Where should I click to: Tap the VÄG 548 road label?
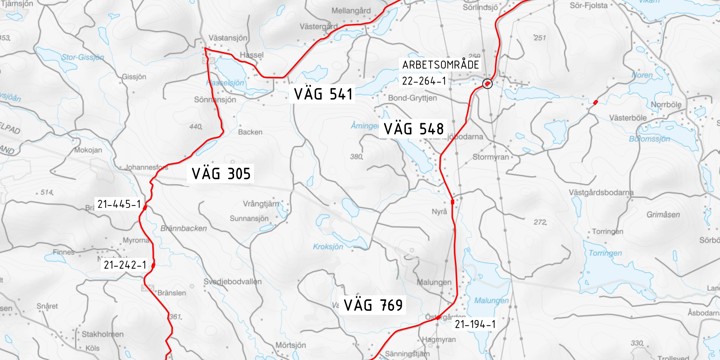[412, 129]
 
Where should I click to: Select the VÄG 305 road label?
[221, 174]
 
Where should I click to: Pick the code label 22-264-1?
[424, 81]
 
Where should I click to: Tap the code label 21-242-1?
[125, 265]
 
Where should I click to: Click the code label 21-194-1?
[474, 324]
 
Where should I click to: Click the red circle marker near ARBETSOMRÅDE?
[487, 84]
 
